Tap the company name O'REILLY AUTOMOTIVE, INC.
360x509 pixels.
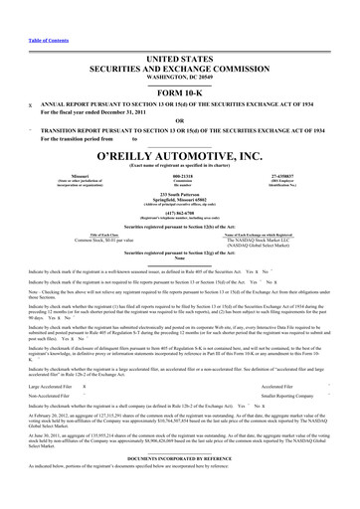(180, 157)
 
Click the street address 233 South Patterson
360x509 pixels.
(180, 196)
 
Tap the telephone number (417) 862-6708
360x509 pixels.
(180, 214)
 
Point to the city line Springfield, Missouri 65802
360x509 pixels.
(180, 201)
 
